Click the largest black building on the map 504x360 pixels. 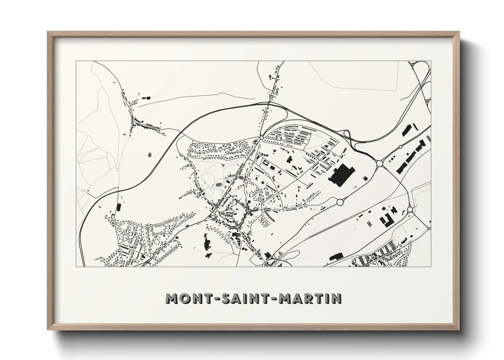pyautogui.click(x=341, y=175)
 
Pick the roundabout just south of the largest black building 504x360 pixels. pyautogui.click(x=340, y=202)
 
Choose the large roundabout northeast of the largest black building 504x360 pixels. pyautogui.click(x=379, y=164)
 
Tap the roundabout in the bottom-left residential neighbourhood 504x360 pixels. pyautogui.click(x=118, y=244)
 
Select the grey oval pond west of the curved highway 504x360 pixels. pyautogui.click(x=150, y=155)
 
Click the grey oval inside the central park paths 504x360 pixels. pyautogui.click(x=218, y=185)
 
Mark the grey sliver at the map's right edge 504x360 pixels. pyautogui.click(x=428, y=138)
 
